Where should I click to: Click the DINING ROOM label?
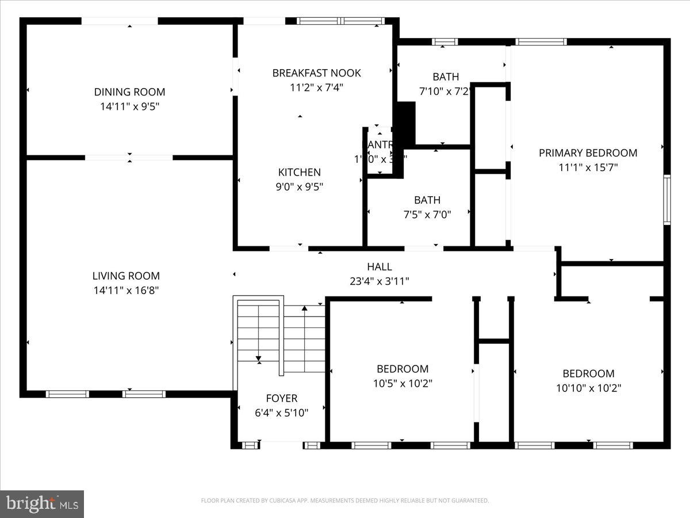pyautogui.click(x=129, y=92)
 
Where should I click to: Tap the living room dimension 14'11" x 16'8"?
pyautogui.click(x=126, y=291)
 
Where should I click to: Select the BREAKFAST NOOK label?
pyautogui.click(x=316, y=73)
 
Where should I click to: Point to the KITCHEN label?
pyautogui.click(x=299, y=172)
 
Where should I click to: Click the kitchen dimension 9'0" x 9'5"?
pyautogui.click(x=299, y=186)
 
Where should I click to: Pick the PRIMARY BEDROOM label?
pyautogui.click(x=588, y=153)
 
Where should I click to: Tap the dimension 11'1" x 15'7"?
pyautogui.click(x=588, y=167)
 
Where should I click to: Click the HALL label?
pyautogui.click(x=379, y=266)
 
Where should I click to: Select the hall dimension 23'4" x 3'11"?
pyautogui.click(x=379, y=281)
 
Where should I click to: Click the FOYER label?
pyautogui.click(x=281, y=398)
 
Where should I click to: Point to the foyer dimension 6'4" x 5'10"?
pyautogui.click(x=281, y=413)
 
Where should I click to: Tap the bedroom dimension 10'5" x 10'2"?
pyautogui.click(x=402, y=383)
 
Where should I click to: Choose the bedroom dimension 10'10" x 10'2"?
pyautogui.click(x=588, y=388)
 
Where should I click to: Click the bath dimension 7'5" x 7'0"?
pyautogui.click(x=427, y=215)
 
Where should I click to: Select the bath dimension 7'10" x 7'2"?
pyautogui.click(x=446, y=91)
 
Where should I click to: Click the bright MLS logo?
pyautogui.click(x=42, y=504)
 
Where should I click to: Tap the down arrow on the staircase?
pyautogui.click(x=259, y=358)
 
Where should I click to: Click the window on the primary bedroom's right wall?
pyautogui.click(x=666, y=200)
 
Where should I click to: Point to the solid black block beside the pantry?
pyautogui.click(x=407, y=123)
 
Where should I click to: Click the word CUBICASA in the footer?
pyautogui.click(x=282, y=501)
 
